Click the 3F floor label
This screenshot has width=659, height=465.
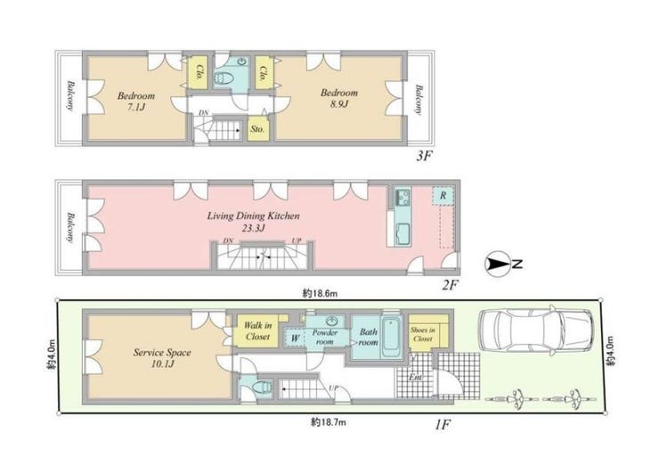pyautogui.click(x=424, y=157)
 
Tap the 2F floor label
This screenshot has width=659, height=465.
pyautogui.click(x=449, y=285)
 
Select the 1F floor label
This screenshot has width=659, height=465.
pyautogui.click(x=443, y=425)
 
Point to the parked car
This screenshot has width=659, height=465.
pyautogui.click(x=536, y=331)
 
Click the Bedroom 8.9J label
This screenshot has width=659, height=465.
pyautogui.click(x=339, y=98)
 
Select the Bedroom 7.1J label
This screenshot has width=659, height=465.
pyautogui.click(x=136, y=101)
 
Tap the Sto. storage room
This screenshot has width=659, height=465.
pyautogui.click(x=257, y=129)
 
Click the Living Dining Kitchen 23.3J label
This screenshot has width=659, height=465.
pyautogui.click(x=254, y=222)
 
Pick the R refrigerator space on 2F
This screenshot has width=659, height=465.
pyautogui.click(x=443, y=195)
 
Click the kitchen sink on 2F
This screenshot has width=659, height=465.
pyautogui.click(x=403, y=197)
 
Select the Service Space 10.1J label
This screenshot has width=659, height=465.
pyautogui.click(x=162, y=358)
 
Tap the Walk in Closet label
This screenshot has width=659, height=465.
pyautogui.click(x=258, y=330)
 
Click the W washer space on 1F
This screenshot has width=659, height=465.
pyautogui.click(x=295, y=338)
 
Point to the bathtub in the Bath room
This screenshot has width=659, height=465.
pyautogui.click(x=391, y=338)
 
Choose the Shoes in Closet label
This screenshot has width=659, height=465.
pyautogui.click(x=423, y=335)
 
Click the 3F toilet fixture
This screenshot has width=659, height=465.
pyautogui.click(x=224, y=78)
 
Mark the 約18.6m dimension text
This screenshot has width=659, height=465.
pyautogui.click(x=320, y=293)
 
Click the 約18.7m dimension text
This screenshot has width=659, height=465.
pyautogui.click(x=329, y=421)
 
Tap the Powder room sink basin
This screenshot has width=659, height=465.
pyautogui.click(x=332, y=322)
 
